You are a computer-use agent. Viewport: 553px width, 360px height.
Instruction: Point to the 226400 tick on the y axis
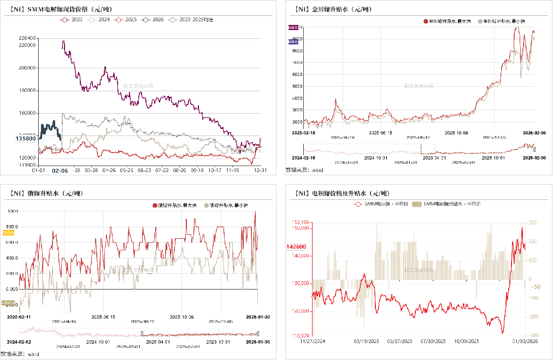coord(27,38)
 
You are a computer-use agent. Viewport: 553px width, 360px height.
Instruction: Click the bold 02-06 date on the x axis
coord(60,170)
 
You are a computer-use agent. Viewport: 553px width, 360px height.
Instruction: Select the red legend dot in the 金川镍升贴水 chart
coord(425,21)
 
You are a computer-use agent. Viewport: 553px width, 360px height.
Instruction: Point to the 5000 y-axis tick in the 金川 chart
coord(297,86)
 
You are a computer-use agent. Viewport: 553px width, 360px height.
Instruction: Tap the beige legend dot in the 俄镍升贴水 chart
coord(207,205)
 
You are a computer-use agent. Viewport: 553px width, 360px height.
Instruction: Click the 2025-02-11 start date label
coord(20,316)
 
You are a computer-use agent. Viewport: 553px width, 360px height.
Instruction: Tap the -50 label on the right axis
coord(537,286)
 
